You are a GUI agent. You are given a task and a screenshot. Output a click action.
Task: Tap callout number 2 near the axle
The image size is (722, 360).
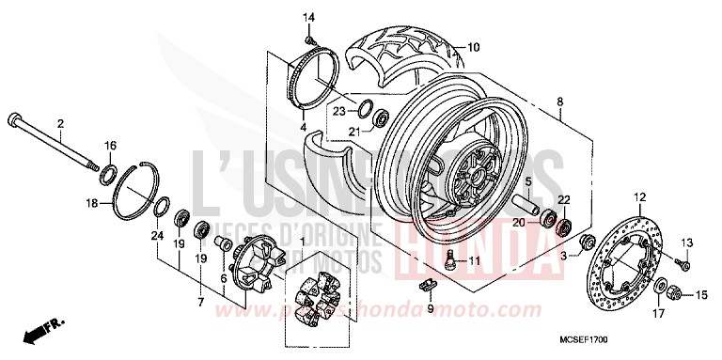[60, 123]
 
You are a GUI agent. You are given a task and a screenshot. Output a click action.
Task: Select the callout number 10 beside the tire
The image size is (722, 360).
[473, 47]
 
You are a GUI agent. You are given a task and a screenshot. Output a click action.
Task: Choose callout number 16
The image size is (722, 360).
[110, 146]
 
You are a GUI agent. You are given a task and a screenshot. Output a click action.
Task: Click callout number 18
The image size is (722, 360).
[91, 202]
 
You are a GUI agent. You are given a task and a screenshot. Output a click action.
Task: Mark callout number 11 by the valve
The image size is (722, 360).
[475, 234]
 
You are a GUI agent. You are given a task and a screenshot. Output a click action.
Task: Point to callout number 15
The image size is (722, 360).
[699, 296]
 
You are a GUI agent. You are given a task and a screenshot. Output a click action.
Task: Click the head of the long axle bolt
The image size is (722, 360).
[14, 119]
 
